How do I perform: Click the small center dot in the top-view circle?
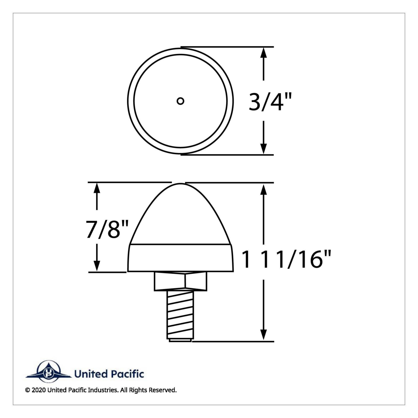click(x=180, y=101)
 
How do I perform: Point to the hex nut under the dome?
click(x=180, y=281)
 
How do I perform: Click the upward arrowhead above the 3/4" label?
click(x=264, y=52)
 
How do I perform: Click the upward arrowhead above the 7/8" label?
click(x=97, y=188)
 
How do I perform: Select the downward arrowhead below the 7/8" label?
click(x=97, y=266)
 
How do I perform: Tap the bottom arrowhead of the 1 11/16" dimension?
click(x=264, y=335)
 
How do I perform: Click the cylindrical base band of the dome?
click(x=180, y=258)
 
